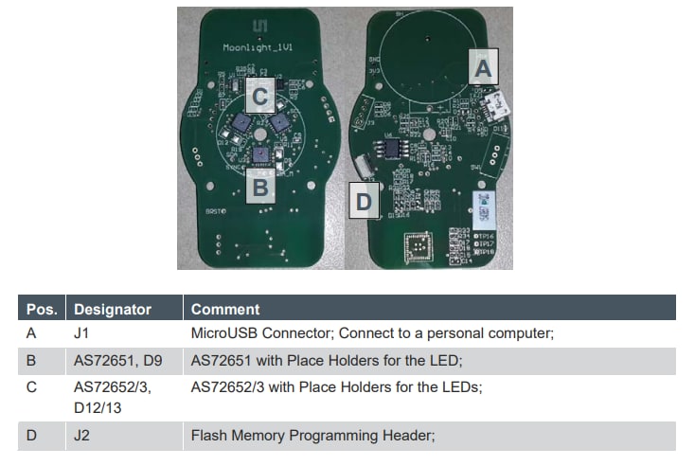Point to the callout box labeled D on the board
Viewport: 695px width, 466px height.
(x=365, y=200)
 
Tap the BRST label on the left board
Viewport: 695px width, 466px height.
(x=214, y=211)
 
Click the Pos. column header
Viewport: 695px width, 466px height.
(x=40, y=309)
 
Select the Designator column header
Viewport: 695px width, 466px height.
(x=113, y=309)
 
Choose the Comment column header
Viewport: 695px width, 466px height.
(x=224, y=309)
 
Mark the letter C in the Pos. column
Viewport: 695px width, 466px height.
(x=30, y=386)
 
